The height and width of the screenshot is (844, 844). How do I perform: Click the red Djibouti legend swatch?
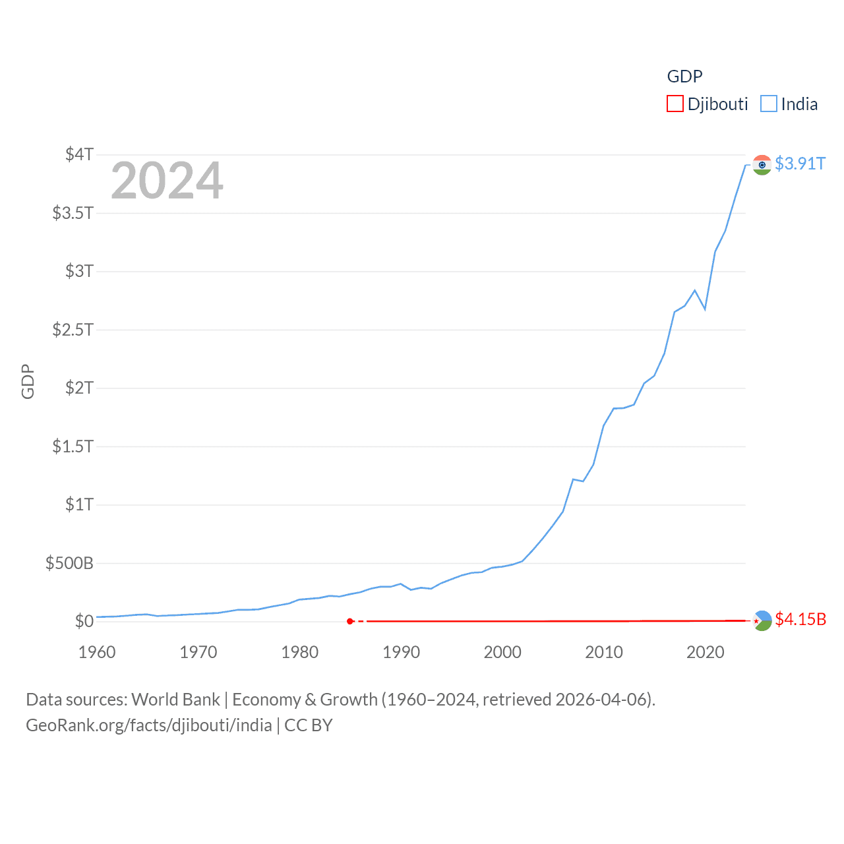point(675,104)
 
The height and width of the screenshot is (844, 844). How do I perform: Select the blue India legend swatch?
point(768,104)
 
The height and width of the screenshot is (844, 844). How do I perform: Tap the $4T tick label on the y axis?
point(79,154)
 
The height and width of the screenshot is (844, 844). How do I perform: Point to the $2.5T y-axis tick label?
point(73,329)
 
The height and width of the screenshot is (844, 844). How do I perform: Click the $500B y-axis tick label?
point(69,563)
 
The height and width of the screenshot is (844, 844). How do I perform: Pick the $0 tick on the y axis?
point(84,621)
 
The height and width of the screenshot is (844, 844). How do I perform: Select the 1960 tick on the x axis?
point(97,652)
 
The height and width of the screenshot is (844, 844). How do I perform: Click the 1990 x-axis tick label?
point(401,652)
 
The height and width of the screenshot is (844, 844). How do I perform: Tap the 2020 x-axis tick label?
point(705,652)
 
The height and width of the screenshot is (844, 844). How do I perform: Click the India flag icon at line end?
point(762,165)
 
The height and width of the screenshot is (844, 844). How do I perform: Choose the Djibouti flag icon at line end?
point(762,620)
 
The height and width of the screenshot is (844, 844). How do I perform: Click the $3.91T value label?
point(800,164)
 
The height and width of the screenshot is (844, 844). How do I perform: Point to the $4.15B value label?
point(800,619)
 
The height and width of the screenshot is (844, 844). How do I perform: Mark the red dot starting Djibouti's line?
point(350,621)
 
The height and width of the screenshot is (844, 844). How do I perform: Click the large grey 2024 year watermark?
point(167,181)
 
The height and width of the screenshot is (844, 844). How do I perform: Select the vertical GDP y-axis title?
point(28,381)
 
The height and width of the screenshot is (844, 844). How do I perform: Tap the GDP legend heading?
point(684,76)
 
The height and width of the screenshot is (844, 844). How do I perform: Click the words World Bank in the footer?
point(175,699)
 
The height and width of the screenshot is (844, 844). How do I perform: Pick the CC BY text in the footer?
point(308,725)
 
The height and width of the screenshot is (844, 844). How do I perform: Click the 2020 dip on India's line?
point(705,309)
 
